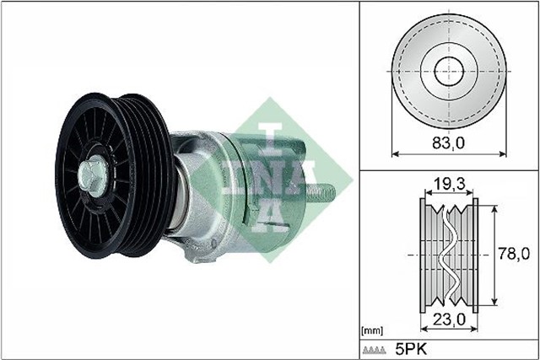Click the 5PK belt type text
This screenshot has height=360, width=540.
411,348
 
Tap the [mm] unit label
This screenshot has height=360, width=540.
371,330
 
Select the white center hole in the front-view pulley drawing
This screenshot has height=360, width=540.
448,71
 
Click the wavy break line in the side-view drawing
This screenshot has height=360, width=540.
448,251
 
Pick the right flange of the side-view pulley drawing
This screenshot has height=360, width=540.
474,251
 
